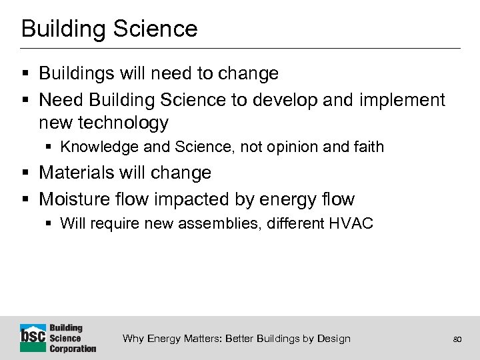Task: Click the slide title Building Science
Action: click(x=109, y=29)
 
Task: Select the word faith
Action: click(x=368, y=147)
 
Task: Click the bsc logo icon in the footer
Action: click(x=33, y=337)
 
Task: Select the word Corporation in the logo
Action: click(x=73, y=348)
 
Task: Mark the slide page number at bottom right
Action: click(x=457, y=339)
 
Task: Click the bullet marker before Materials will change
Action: click(x=25, y=173)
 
